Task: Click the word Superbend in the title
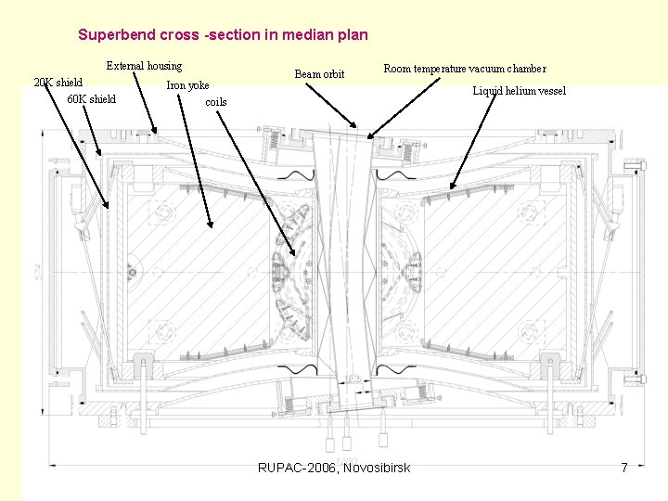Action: [117, 35]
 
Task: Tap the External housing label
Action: [144, 66]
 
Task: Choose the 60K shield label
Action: [92, 99]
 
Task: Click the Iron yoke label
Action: [187, 85]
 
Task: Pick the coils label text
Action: [215, 102]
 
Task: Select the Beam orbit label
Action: [319, 74]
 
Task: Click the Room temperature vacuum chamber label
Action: [465, 69]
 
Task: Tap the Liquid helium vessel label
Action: [519, 91]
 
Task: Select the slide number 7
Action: [624, 468]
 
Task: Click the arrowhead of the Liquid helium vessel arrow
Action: [450, 189]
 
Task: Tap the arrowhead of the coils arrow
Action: [297, 254]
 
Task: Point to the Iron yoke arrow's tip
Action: [211, 226]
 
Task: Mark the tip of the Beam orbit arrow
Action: [355, 127]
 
